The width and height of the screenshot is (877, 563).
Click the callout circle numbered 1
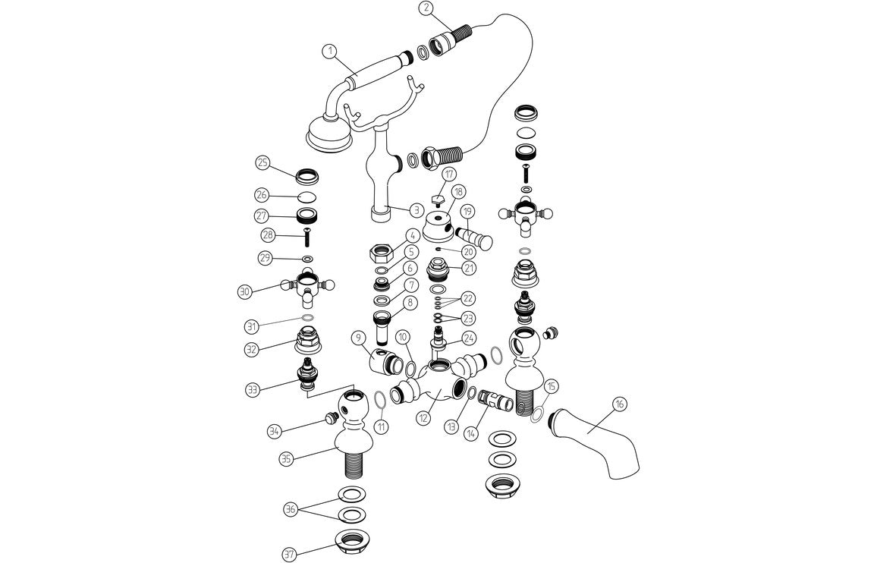click(328, 51)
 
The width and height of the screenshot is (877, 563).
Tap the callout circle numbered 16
click(619, 404)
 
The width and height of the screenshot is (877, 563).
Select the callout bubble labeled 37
click(289, 554)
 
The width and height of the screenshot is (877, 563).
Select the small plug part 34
click(329, 417)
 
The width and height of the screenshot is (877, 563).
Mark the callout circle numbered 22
click(468, 298)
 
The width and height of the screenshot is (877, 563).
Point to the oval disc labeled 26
click(307, 197)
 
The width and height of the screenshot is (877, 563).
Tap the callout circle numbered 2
click(427, 8)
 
